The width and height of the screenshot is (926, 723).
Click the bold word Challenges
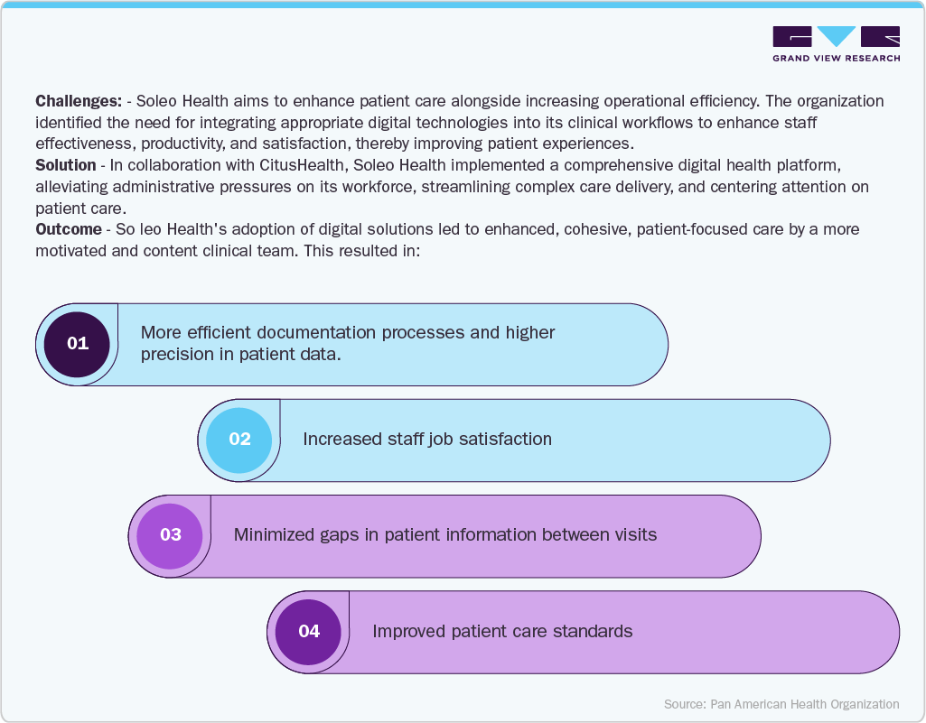tap(78, 101)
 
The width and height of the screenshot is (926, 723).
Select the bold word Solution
tap(65, 165)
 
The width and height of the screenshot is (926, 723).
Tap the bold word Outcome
tap(68, 229)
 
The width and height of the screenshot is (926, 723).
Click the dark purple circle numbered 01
tap(78, 344)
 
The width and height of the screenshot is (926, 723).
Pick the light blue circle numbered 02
tap(239, 440)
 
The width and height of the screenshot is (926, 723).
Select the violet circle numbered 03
tap(170, 535)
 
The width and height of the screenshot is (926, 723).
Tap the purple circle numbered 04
tap(309, 632)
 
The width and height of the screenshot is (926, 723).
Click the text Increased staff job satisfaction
tap(426, 440)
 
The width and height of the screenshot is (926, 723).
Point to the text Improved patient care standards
tap(502, 632)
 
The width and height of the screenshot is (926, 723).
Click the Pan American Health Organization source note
tap(781, 704)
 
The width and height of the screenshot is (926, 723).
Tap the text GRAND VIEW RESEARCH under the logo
tap(836, 59)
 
